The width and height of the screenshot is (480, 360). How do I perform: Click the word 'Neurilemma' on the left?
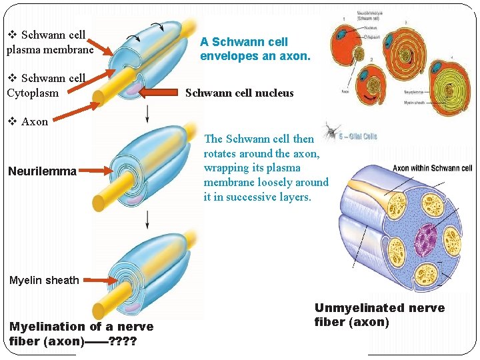(x=42, y=172)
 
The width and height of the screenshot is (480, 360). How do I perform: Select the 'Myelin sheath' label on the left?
(x=44, y=281)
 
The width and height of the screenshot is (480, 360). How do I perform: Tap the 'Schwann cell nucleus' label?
(x=239, y=93)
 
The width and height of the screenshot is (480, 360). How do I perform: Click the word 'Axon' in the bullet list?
(x=35, y=122)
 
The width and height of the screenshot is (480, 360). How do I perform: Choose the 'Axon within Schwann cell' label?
(x=432, y=169)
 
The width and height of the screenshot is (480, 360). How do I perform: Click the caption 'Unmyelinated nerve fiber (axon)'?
(x=379, y=315)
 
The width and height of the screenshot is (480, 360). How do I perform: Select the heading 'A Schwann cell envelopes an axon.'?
(x=255, y=49)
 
